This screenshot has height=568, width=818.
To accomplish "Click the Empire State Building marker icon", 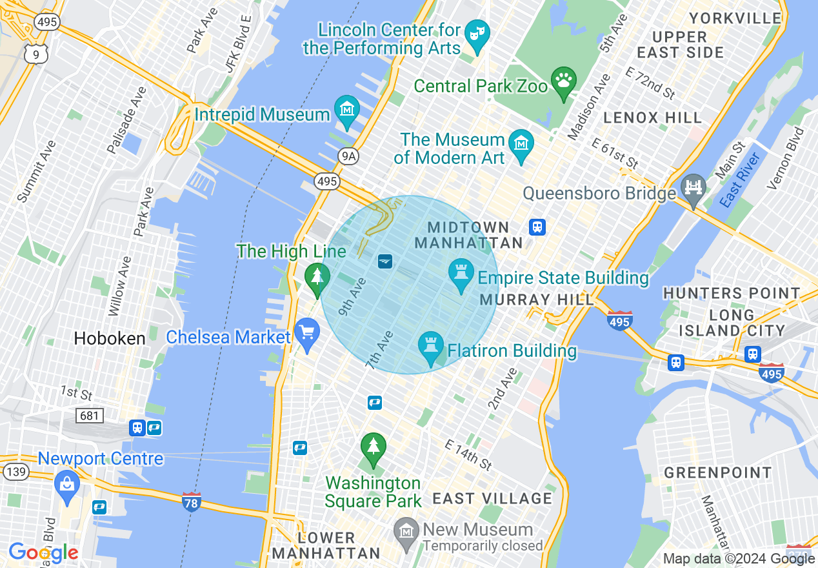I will (461, 276).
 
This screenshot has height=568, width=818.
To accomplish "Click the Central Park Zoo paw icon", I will (564, 82).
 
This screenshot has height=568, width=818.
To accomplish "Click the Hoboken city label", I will (110, 338).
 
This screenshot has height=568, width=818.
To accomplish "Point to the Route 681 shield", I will (89, 415).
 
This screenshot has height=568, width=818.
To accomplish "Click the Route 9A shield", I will (348, 156).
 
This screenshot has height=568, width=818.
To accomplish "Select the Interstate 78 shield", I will (192, 502).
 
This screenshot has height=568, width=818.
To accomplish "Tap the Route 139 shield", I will (15, 472).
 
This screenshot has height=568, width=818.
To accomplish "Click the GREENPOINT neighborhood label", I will (717, 473).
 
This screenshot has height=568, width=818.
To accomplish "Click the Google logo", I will (43, 553).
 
